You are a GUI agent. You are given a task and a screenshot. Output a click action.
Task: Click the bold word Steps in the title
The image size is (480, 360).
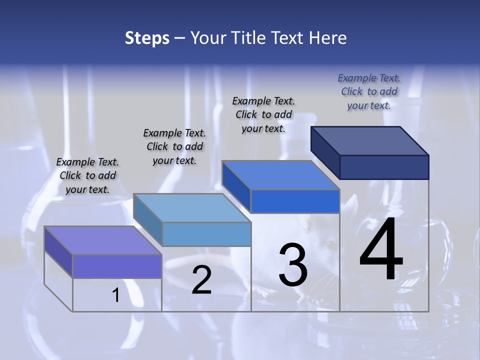[147, 38]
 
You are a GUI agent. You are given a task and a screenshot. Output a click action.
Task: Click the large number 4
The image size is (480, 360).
[381, 249]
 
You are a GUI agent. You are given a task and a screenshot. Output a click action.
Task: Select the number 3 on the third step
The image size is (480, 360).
[293, 265]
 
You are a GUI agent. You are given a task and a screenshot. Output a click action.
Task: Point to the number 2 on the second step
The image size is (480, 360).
[202, 280]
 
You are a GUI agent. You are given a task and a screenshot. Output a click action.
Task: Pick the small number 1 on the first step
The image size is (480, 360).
[116, 295]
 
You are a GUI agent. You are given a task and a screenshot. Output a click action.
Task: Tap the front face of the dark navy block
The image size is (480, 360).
[384, 167]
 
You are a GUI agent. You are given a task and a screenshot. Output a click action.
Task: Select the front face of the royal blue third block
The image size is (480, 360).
[295, 201]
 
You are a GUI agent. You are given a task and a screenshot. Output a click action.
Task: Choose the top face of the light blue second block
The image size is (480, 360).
[192, 208]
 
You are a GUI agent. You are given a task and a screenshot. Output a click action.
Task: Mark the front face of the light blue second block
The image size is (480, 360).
[206, 234]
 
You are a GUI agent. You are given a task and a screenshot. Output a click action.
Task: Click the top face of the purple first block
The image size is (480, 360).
[103, 240]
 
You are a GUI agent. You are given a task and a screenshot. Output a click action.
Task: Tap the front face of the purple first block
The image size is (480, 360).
[117, 266]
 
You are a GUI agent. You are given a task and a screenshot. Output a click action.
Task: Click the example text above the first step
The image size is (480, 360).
[87, 175]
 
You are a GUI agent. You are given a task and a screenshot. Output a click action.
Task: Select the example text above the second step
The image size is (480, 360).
[174, 146]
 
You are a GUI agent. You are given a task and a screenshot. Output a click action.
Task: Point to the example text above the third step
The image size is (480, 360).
[263, 114]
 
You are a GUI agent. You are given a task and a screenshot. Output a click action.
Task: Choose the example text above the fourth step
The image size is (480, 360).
[369, 91]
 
